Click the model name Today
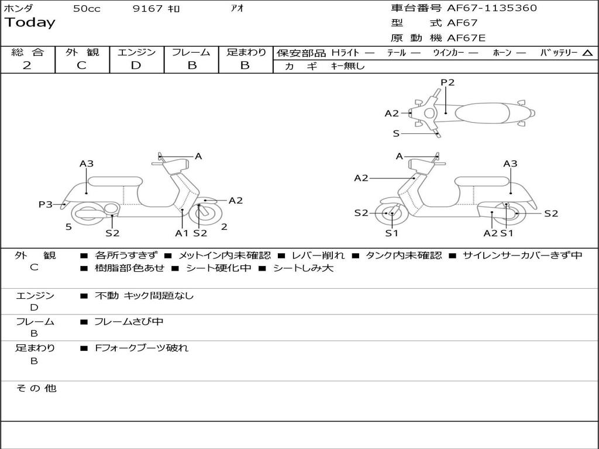pos(30,23)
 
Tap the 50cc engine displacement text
pos(87,9)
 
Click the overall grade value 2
pos(27,65)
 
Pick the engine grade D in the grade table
pos(136,65)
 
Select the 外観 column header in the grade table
pos(82,52)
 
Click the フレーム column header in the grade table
pos(191,52)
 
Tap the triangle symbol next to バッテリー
pos(587,53)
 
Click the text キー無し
pos(347,66)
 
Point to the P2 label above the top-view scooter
pos(447,82)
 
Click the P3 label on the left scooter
pos(46,204)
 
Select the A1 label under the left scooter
pos(182,233)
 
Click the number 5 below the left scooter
pos(68,227)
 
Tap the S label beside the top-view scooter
pos(396,133)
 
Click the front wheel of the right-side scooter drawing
pos(391,214)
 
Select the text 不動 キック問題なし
pos(144,296)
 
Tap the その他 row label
pos(36,388)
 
